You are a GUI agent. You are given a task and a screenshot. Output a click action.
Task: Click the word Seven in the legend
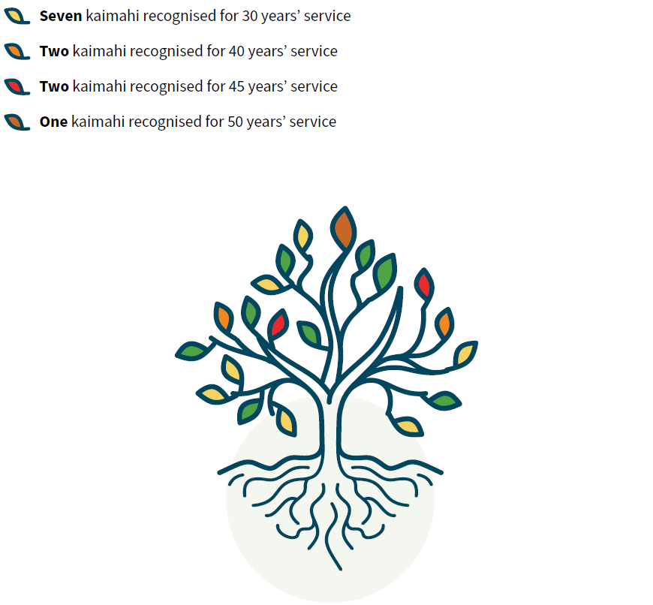(x=61, y=16)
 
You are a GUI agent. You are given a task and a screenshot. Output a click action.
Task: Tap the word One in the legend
(x=53, y=122)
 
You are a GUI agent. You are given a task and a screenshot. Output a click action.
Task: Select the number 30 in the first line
(x=249, y=16)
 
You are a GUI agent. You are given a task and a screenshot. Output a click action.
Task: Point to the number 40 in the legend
(x=236, y=51)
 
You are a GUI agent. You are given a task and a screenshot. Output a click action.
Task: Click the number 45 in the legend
(x=236, y=86)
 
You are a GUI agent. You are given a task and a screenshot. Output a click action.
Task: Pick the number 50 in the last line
(x=235, y=122)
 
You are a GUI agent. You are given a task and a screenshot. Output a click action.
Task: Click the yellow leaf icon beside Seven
(x=17, y=17)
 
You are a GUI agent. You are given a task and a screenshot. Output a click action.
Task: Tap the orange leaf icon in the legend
(x=17, y=52)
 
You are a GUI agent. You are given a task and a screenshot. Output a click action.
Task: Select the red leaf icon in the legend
(x=17, y=87)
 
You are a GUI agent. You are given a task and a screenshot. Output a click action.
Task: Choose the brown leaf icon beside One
(x=17, y=122)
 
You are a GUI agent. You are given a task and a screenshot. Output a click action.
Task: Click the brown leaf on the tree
(x=344, y=229)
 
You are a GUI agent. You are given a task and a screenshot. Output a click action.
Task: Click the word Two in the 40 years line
(x=54, y=51)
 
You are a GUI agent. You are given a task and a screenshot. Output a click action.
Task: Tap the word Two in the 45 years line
(x=54, y=86)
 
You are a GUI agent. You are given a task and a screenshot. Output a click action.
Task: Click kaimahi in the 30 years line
(x=112, y=16)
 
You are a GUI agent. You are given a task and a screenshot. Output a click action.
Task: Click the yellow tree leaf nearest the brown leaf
(x=302, y=236)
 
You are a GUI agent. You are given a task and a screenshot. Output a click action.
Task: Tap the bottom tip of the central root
(x=341, y=569)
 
